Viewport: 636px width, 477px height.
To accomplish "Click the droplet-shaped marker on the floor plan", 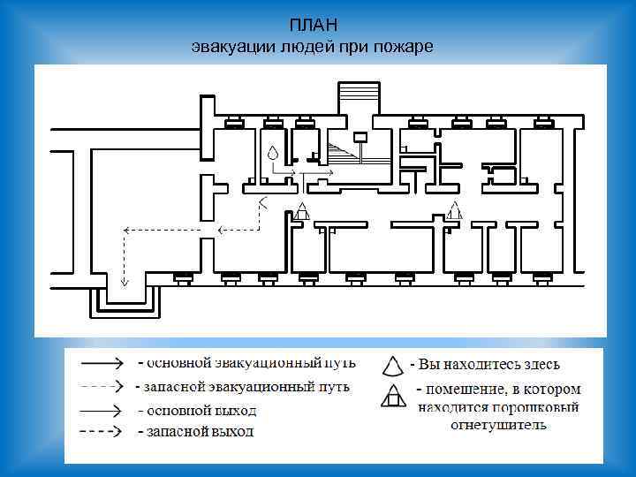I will [x=274, y=153].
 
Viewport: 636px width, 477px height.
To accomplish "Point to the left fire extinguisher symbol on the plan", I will [x=302, y=211].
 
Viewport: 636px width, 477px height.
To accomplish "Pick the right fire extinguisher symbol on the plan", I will [x=455, y=211].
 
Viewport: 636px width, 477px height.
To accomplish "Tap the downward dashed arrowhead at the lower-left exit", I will [x=125, y=283].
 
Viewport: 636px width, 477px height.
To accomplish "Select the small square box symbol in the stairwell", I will [x=360, y=137].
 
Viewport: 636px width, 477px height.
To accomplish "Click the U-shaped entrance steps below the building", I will [x=125, y=305].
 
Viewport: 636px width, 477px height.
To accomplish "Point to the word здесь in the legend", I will [x=540, y=364].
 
